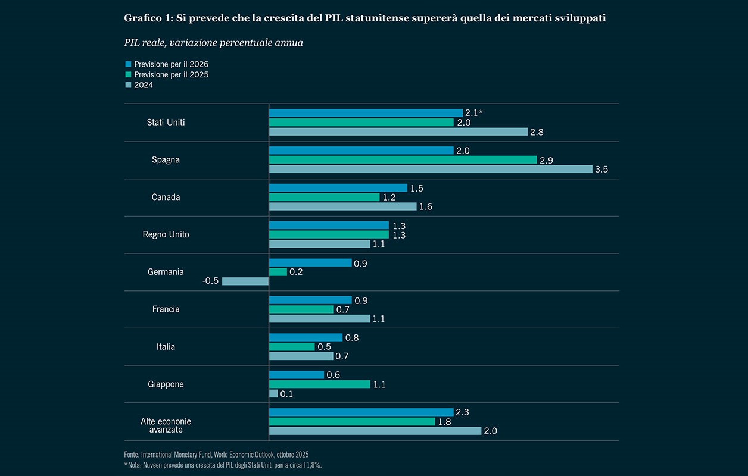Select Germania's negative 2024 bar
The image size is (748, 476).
point(245,281)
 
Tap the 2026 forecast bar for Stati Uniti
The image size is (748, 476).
point(366,112)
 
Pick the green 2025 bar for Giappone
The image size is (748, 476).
point(319,384)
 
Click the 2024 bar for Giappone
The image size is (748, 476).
point(273,394)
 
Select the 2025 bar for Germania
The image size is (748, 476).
point(278,271)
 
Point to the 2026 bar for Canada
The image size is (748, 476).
point(338,187)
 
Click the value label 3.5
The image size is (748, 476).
point(601,170)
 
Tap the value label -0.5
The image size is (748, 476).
point(211,281)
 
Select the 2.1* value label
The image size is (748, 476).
point(473,112)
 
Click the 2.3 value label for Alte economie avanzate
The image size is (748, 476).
point(463,412)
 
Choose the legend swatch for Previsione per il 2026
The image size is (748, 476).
point(127,64)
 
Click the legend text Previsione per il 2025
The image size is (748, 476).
point(171,74)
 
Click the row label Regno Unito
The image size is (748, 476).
point(166,234)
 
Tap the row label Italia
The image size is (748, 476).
point(166,347)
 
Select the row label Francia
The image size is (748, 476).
point(166,309)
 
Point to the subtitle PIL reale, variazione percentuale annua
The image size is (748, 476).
point(213,42)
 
